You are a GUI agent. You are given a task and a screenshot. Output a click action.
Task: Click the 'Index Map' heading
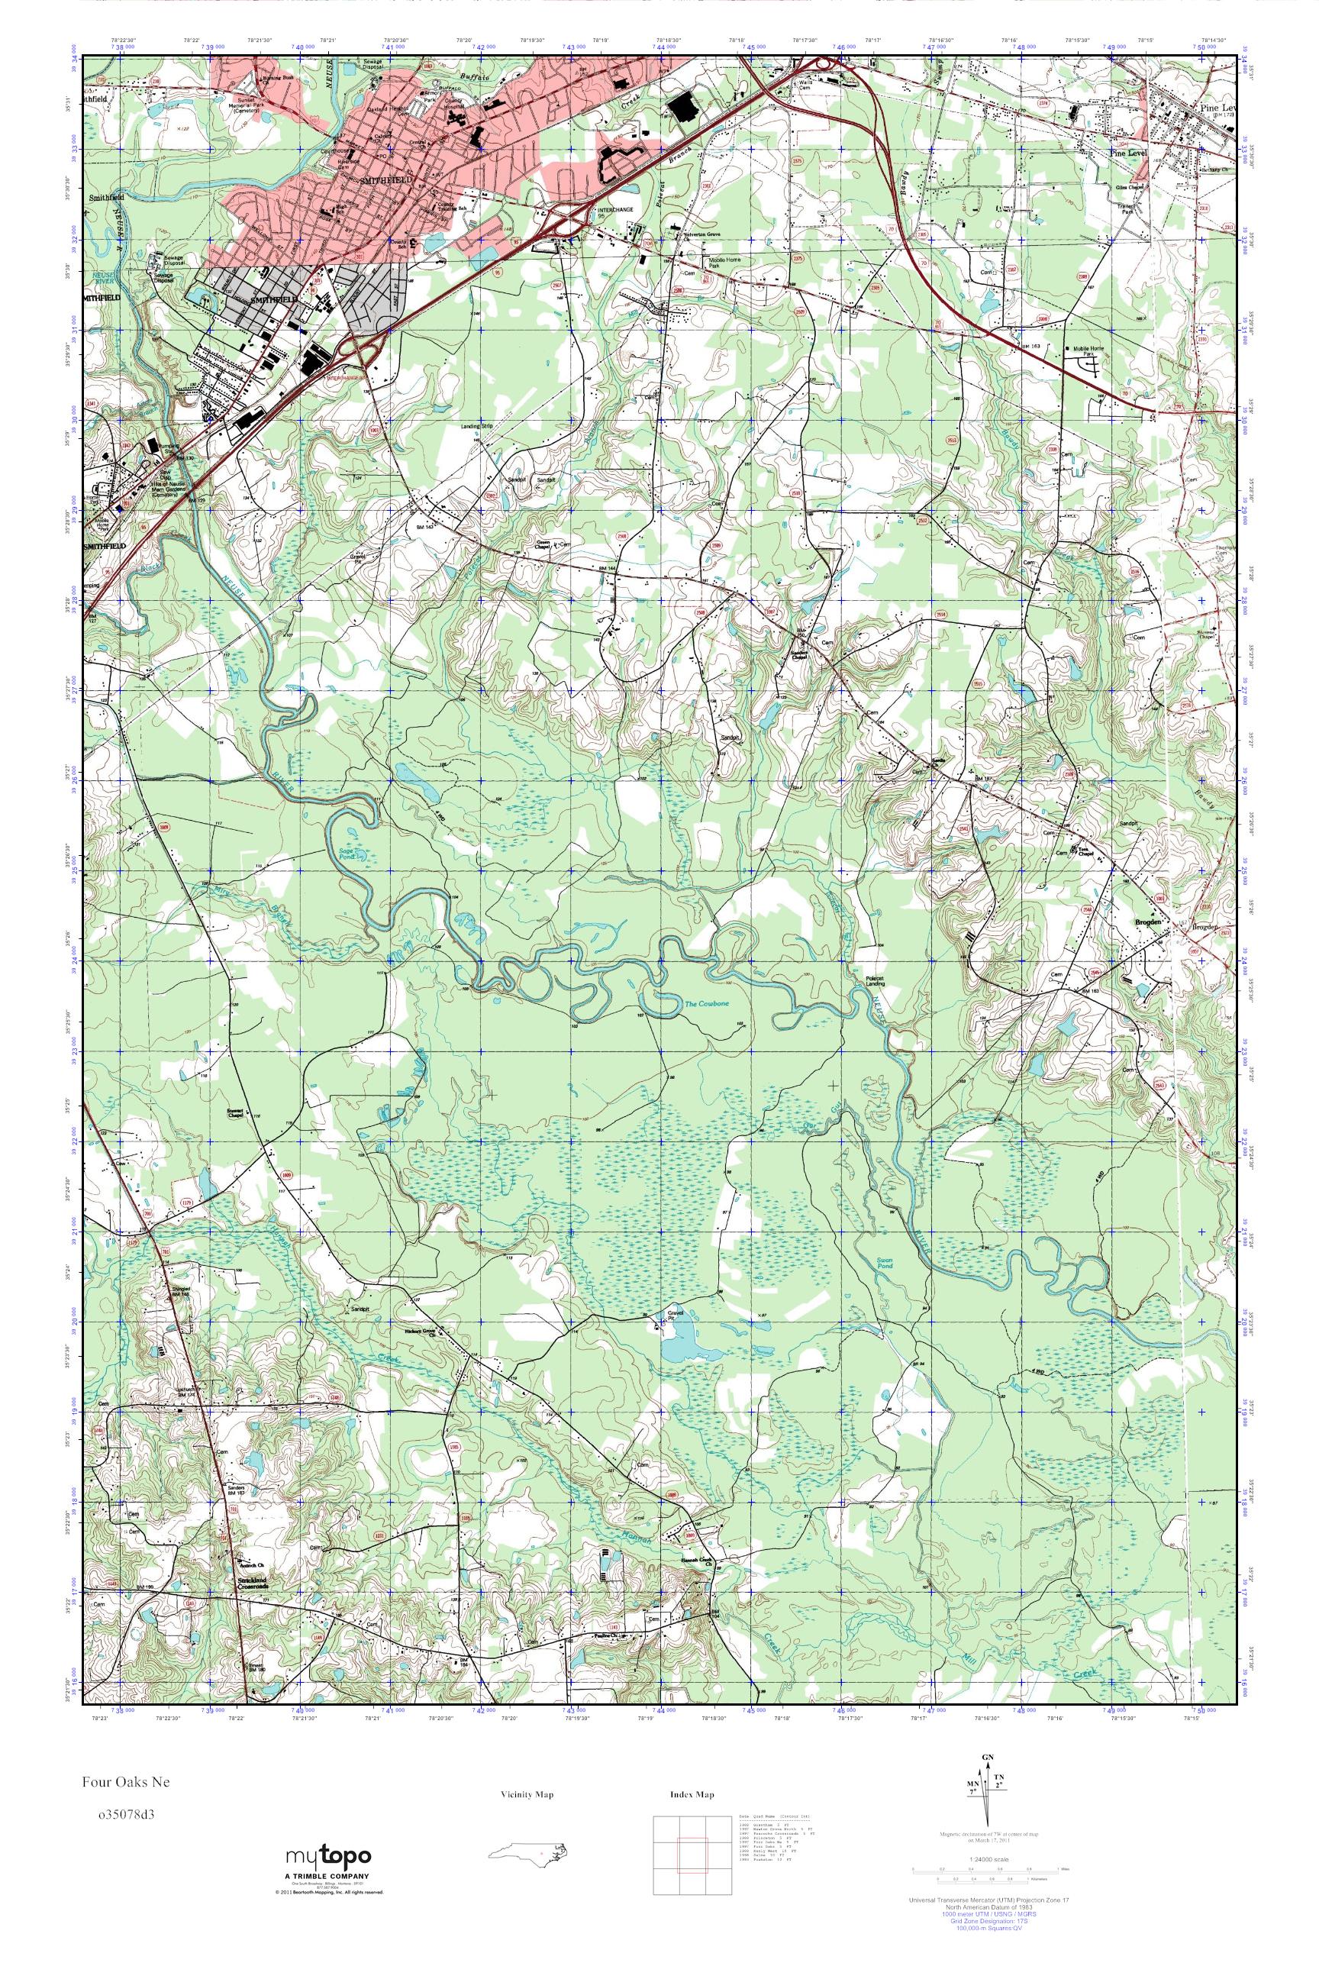692,1795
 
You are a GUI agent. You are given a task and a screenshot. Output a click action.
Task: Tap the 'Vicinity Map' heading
531,1795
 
